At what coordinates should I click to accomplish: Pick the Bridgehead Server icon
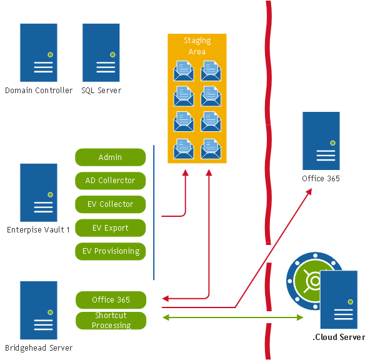pos(39,310)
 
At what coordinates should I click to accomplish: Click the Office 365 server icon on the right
pos(321,140)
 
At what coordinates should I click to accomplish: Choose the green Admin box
pos(111,157)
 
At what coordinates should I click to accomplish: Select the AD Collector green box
pos(111,181)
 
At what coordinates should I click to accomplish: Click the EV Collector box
pos(111,204)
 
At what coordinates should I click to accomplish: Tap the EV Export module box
pos(111,228)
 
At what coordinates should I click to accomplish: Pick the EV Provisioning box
pos(111,252)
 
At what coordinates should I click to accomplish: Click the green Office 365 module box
pos(111,300)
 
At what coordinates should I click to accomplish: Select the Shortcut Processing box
pos(111,321)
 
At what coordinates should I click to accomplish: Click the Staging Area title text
pos(197,46)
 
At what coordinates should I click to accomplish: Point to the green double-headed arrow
pos(231,318)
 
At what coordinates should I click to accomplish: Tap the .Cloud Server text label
pos(338,337)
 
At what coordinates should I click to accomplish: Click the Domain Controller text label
pos(39,91)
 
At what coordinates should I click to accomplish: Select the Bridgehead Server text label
pos(39,347)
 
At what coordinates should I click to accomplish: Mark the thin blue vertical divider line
pos(154,212)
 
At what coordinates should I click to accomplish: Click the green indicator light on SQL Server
pos(112,54)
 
